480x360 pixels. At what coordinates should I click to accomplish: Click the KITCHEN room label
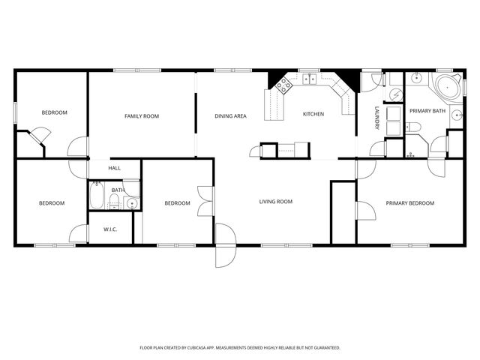pos(313,115)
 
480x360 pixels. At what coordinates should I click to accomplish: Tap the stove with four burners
pos(283,85)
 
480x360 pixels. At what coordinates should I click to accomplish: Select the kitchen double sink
pos(309,78)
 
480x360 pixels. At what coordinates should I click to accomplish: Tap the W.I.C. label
pos(110,230)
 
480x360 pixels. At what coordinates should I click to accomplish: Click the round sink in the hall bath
pos(131,202)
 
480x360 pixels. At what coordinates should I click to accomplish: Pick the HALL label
pos(114,168)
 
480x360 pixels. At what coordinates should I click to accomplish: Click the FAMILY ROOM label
pos(141,115)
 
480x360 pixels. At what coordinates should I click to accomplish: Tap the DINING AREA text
pos(230,115)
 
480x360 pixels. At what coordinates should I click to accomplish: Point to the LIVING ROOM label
pos(275,201)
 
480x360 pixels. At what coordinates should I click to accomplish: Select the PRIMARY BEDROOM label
pos(409,202)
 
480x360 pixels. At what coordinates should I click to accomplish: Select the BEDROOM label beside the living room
pos(177,202)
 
